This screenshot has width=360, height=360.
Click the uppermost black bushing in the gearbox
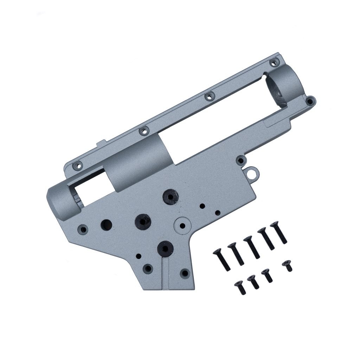pyautogui.click(x=171, y=195)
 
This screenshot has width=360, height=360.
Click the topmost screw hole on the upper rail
pyautogui.click(x=273, y=63)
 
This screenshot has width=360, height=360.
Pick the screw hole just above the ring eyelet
pyautogui.click(x=240, y=161)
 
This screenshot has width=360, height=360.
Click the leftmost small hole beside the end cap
pyautogui.click(x=83, y=229)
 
